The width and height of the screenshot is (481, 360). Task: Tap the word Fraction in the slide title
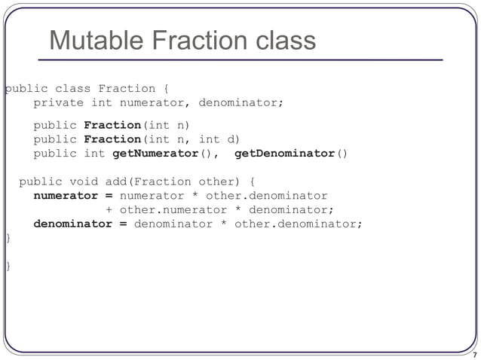click(x=192, y=41)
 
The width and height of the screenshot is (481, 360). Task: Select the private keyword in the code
click(x=58, y=103)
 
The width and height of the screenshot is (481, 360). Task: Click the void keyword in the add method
click(x=83, y=182)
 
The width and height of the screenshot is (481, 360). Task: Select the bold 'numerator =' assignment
click(x=72, y=196)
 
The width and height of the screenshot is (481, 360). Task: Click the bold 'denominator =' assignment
click(x=80, y=224)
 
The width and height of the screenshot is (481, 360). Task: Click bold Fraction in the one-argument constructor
click(x=112, y=125)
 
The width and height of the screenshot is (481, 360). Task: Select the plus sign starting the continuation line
click(x=109, y=210)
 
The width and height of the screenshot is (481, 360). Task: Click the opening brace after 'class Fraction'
click(x=166, y=89)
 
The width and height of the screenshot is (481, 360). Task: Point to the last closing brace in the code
click(x=8, y=267)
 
